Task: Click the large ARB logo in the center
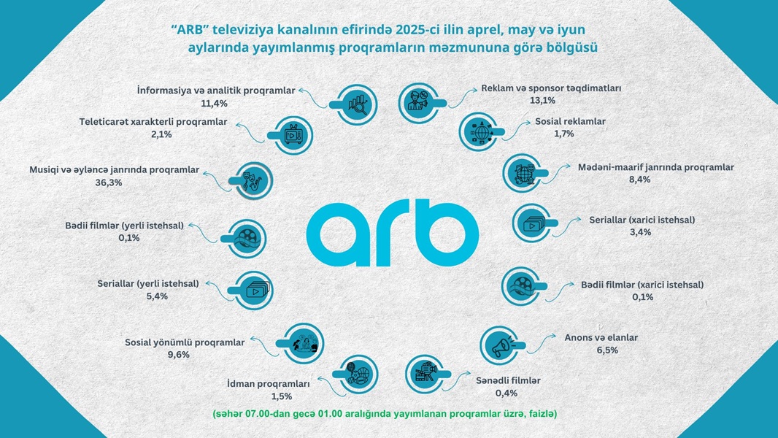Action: (392, 233)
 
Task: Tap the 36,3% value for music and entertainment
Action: (109, 182)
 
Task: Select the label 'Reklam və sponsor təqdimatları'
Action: (551, 88)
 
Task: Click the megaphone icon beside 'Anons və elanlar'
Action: (501, 345)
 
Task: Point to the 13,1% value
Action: (542, 100)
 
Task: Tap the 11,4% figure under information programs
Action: (214, 103)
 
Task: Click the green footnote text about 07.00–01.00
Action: (385, 413)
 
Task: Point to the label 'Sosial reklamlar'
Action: (570, 121)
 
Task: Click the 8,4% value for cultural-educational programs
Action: (639, 179)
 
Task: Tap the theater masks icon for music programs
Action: (252, 180)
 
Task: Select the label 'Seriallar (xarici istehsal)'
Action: (642, 219)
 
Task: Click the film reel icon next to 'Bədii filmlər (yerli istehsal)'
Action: (247, 238)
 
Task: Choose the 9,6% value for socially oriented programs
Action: (179, 355)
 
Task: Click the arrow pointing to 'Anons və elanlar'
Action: (542, 343)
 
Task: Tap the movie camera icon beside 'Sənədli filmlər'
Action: (425, 372)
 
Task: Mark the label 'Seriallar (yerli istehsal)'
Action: (148, 284)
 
